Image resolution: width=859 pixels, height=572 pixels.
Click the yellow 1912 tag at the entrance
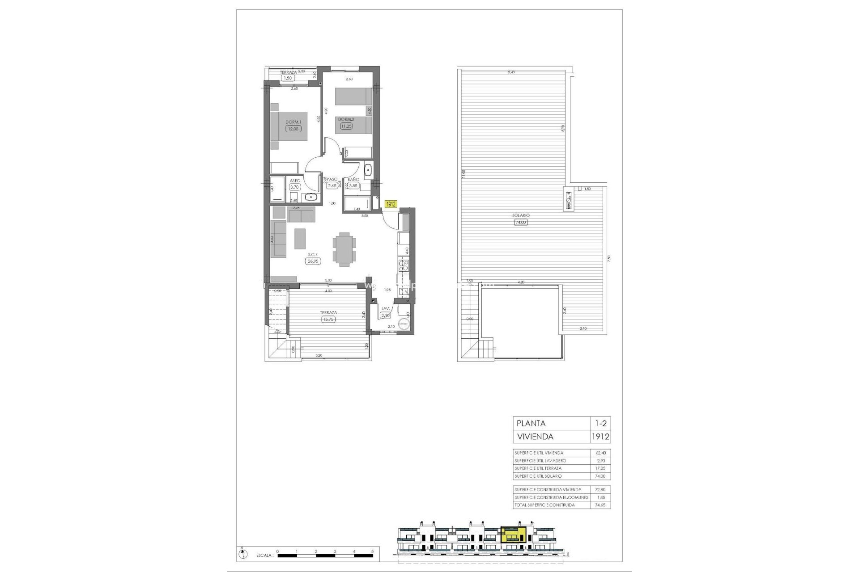(391, 204)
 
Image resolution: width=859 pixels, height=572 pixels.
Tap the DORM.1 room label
(294, 122)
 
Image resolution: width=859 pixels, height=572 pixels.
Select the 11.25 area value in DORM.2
(346, 126)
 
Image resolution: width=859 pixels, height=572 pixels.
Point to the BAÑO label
(353, 180)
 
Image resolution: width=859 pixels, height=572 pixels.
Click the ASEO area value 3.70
(294, 187)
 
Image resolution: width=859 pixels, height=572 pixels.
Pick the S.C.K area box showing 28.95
(313, 261)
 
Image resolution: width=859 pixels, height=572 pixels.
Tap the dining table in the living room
(344, 249)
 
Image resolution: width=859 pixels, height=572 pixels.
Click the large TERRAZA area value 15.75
(328, 319)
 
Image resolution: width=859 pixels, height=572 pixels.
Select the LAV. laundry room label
(385, 308)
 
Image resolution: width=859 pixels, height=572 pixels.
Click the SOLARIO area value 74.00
(521, 222)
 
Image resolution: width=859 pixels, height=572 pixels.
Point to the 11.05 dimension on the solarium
(464, 174)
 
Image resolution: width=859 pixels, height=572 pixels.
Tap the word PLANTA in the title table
(531, 423)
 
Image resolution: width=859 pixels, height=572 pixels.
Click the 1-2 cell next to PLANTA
(601, 423)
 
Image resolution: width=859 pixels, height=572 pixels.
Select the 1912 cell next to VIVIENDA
(601, 437)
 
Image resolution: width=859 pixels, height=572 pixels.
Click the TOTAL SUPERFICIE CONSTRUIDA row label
(544, 505)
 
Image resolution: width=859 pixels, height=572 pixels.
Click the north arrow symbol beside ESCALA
(242, 555)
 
